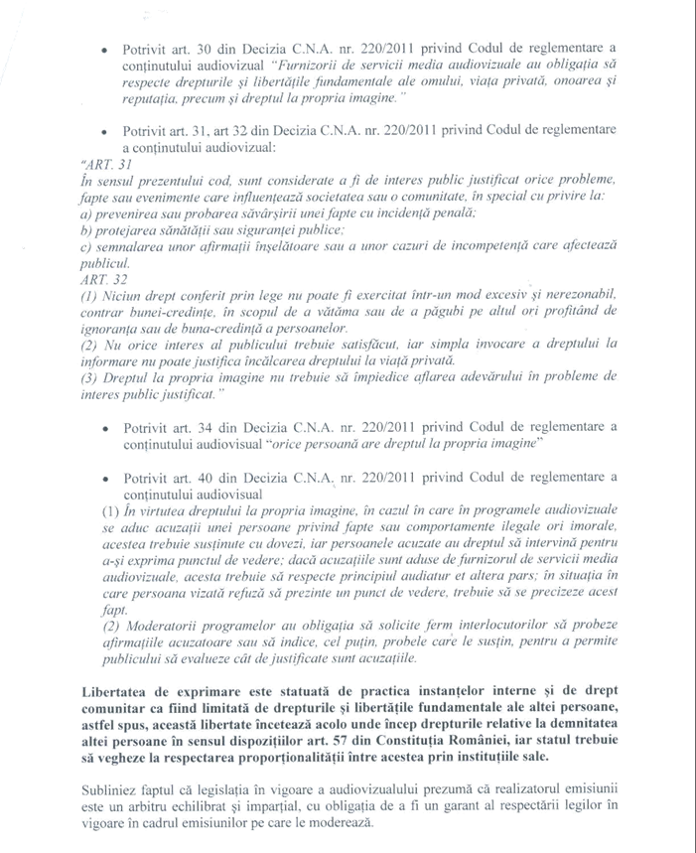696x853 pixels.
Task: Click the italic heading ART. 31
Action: click(97, 163)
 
